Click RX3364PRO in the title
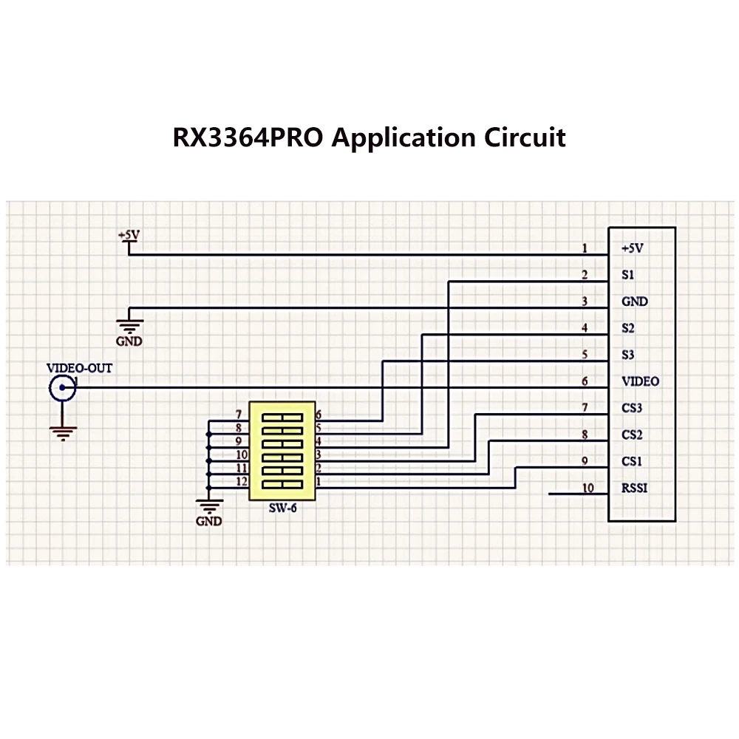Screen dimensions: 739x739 pos(248,137)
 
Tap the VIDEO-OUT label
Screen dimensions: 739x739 pos(79,368)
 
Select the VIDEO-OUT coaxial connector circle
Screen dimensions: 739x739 pos(62,387)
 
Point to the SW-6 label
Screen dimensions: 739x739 pos(283,508)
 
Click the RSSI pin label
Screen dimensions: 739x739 pos(634,488)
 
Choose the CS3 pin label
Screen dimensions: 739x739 pos(632,408)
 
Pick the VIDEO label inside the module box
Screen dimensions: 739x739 pos(640,381)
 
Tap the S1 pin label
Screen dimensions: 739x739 pos(627,275)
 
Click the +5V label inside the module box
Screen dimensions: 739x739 pos(632,248)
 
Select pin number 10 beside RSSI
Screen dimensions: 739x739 pos(588,488)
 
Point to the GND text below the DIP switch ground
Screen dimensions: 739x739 pos(209,521)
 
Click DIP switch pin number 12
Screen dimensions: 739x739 pos(242,481)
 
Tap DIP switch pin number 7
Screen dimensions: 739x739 pos(239,415)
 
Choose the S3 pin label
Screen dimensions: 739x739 pos(627,355)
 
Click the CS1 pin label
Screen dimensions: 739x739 pos(632,461)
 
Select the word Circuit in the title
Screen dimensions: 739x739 pos(525,137)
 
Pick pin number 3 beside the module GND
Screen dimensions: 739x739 pos(585,302)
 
